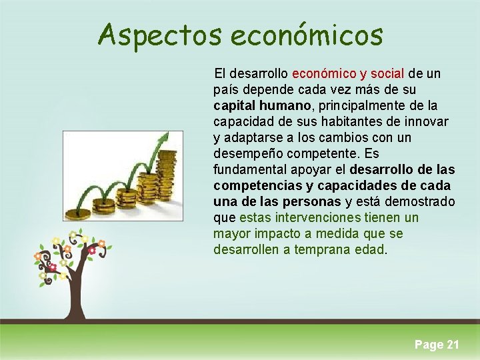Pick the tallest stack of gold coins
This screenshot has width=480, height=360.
[167, 180]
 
